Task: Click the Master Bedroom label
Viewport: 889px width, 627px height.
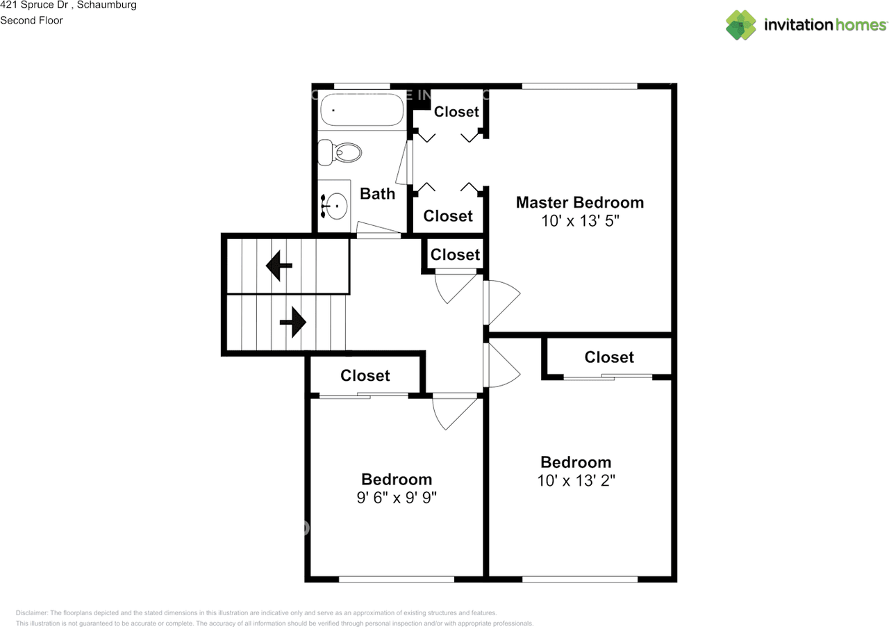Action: [579, 202]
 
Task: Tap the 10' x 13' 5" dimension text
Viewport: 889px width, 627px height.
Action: [579, 221]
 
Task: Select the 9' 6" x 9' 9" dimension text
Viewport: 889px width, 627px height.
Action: [397, 498]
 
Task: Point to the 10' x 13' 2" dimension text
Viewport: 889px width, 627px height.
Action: [576, 480]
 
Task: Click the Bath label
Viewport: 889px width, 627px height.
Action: [377, 194]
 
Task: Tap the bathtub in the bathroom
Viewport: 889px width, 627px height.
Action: [362, 111]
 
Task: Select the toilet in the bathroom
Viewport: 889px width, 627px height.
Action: [340, 152]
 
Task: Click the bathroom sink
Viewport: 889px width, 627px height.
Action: [336, 205]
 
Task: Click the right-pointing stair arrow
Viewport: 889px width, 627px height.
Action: [292, 323]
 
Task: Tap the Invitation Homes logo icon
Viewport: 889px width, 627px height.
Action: [741, 25]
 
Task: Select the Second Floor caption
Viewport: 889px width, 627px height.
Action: [31, 20]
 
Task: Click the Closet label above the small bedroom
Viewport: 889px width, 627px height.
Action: [365, 376]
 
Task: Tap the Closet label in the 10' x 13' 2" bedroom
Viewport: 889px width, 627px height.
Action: [609, 357]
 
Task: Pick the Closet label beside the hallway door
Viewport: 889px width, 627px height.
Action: [455, 255]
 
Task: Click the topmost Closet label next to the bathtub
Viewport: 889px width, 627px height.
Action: [456, 112]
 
